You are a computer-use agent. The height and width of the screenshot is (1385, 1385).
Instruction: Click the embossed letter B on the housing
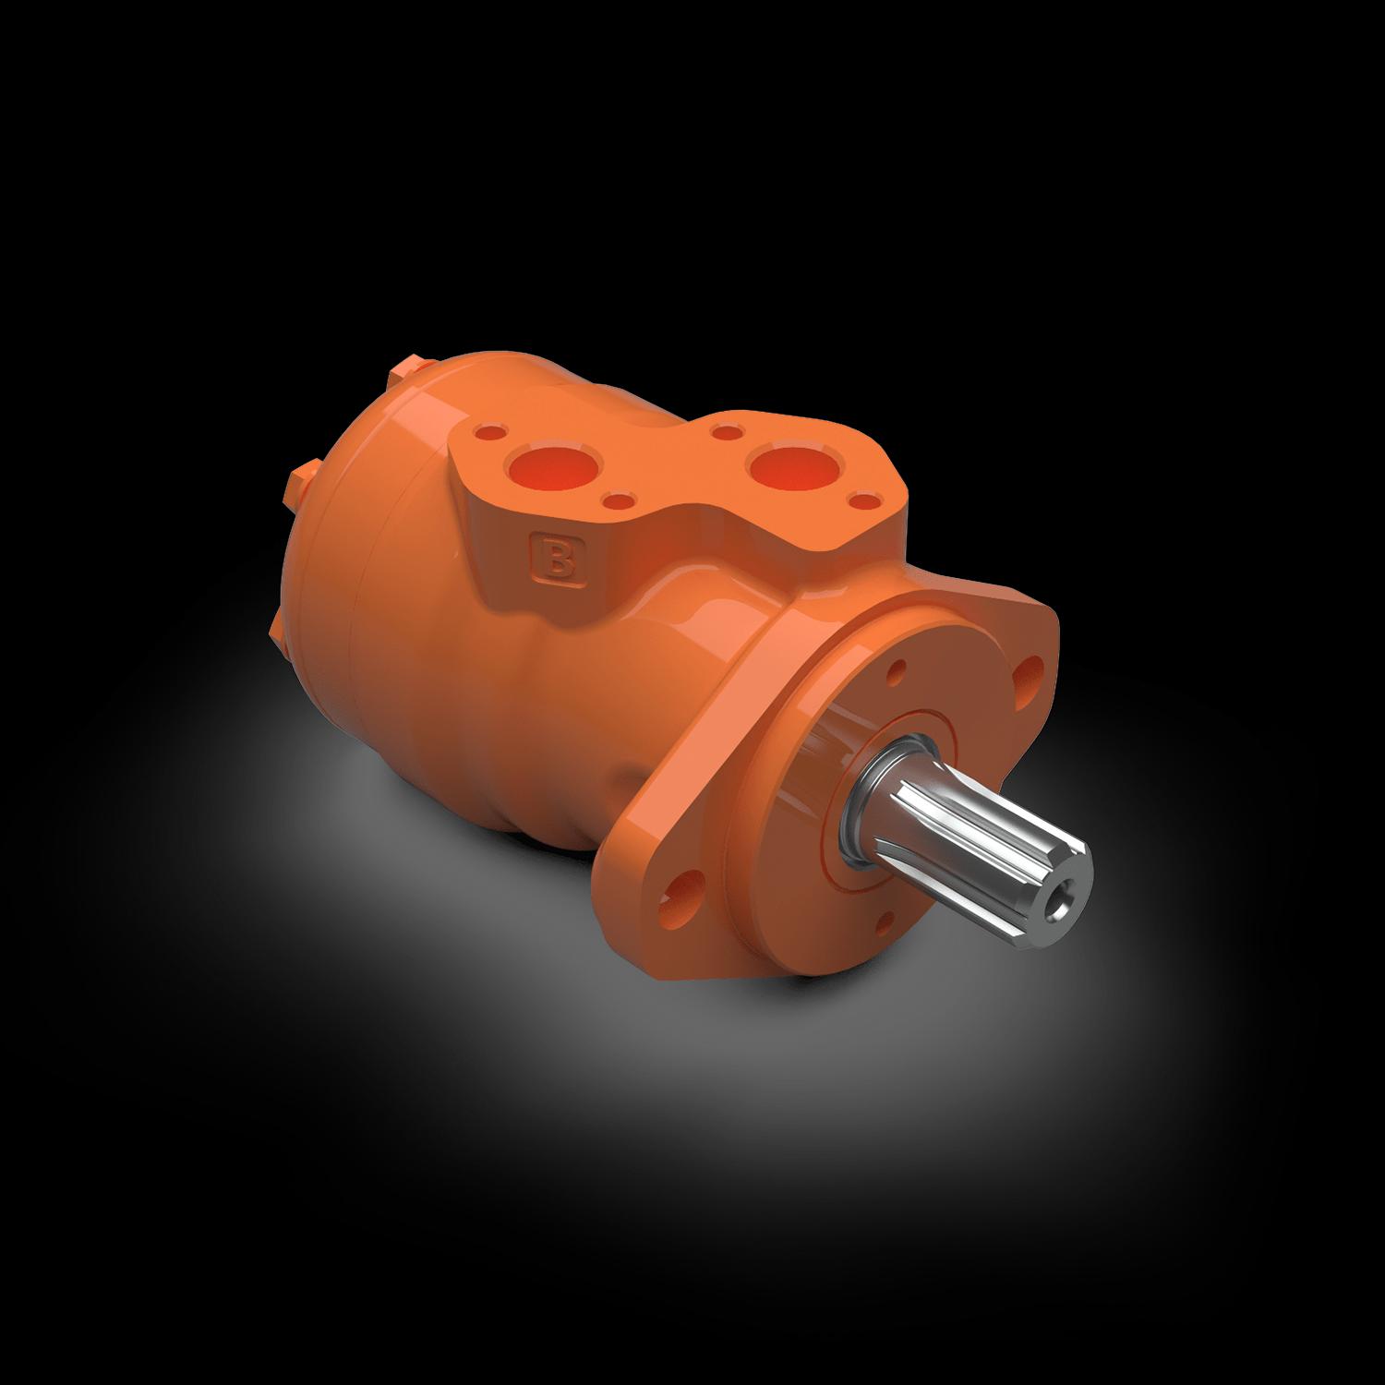tap(557, 560)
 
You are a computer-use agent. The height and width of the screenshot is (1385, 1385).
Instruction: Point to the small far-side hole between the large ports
tap(727, 428)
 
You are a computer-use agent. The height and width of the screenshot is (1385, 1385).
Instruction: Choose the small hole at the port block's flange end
tap(861, 501)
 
